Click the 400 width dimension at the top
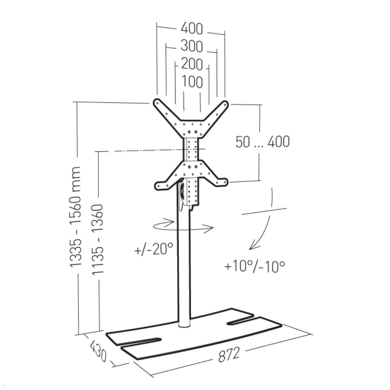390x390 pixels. pyautogui.click(x=191, y=29)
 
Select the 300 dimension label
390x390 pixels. pyautogui.click(x=191, y=46)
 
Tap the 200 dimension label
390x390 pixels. pyautogui.click(x=192, y=64)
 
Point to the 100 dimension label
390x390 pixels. pyautogui.click(x=192, y=82)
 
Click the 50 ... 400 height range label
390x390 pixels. pyautogui.click(x=263, y=142)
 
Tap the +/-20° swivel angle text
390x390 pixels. pyautogui.click(x=154, y=249)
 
